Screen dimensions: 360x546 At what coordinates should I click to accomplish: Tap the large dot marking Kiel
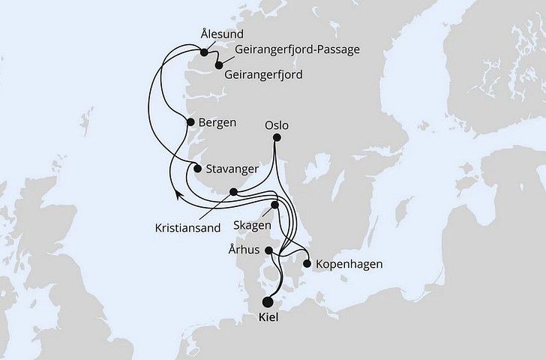(x=268, y=304)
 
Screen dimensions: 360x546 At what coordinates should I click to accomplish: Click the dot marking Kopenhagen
(x=307, y=263)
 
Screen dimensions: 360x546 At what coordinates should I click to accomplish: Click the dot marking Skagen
(x=275, y=205)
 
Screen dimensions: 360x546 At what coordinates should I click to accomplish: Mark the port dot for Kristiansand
(x=234, y=192)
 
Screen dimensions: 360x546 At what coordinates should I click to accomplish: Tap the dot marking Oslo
(x=277, y=138)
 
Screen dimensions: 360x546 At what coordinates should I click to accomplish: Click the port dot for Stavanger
(x=198, y=168)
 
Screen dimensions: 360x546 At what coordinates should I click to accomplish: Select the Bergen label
(x=217, y=121)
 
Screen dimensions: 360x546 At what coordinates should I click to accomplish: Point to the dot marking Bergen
(x=188, y=121)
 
